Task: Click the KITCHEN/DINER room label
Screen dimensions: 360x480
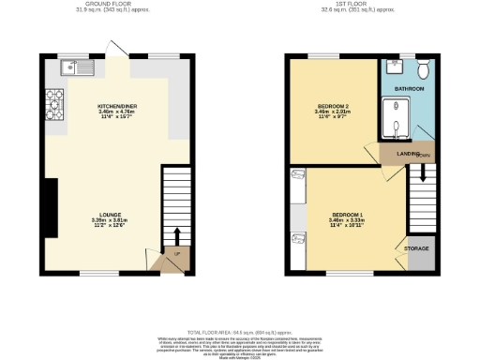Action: click(118, 107)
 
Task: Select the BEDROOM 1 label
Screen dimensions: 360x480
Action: click(345, 215)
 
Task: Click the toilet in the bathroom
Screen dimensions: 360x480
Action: click(424, 68)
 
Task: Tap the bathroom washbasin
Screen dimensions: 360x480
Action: click(393, 68)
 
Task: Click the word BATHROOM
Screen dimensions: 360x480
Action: click(409, 89)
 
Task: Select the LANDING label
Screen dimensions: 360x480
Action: click(407, 153)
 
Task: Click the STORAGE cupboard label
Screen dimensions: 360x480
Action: click(416, 248)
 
